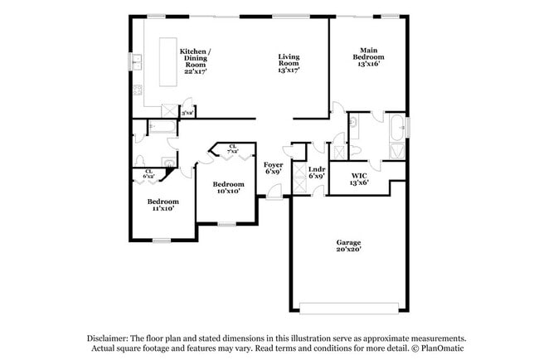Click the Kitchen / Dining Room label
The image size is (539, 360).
[195, 61]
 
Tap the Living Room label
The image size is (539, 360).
[289, 63]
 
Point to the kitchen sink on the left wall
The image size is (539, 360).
[136, 61]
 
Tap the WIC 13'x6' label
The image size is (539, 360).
[359, 179]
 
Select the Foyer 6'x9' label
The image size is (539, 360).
[274, 169]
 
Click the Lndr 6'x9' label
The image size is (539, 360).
[316, 173]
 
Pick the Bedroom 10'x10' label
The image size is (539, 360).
[228, 187]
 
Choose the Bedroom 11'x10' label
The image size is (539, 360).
[163, 205]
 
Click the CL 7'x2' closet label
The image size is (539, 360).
[232, 149]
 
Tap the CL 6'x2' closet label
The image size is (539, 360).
[149, 174]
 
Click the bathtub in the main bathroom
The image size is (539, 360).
[399, 129]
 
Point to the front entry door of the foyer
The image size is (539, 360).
[272, 197]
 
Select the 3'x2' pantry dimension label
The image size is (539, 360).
[188, 113]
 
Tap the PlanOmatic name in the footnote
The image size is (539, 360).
[444, 348]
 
